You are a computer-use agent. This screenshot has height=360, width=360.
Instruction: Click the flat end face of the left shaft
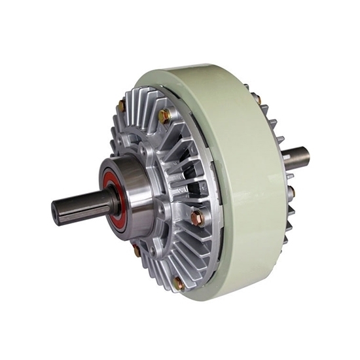pyautogui.click(x=58, y=213)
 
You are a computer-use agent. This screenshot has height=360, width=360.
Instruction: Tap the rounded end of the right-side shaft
pyautogui.click(x=306, y=156)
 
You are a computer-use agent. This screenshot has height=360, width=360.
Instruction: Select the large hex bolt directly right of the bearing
pyautogui.click(x=197, y=217)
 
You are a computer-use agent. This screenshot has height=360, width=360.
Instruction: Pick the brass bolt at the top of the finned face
pyautogui.click(x=164, y=117)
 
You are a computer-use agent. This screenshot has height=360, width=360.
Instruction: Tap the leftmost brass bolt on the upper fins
pyautogui.click(x=121, y=105)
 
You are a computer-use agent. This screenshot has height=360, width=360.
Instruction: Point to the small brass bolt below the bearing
pyautogui.click(x=137, y=249)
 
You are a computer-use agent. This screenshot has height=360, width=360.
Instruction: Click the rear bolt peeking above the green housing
pyautogui.click(x=257, y=99)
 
